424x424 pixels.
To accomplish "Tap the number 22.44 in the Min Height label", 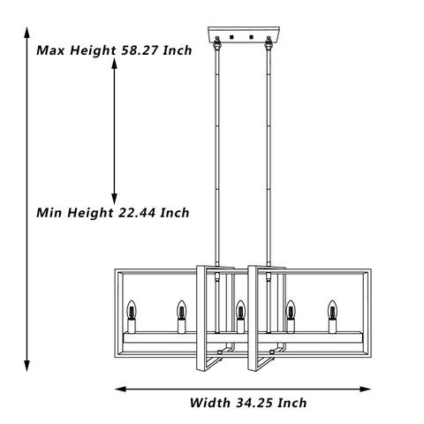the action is [x=138, y=213].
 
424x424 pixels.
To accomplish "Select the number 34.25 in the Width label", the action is [x=255, y=403].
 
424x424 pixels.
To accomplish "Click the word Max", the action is [x=50, y=50].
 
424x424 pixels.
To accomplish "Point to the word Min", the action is [x=49, y=213].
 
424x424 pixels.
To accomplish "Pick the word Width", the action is [x=210, y=403].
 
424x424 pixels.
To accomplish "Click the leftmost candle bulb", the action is [x=132, y=310].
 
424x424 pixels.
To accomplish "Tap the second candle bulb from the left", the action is [x=182, y=310].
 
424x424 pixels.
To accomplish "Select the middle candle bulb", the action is [x=240, y=310].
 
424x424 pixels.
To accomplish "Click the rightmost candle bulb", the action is [x=333, y=310].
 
